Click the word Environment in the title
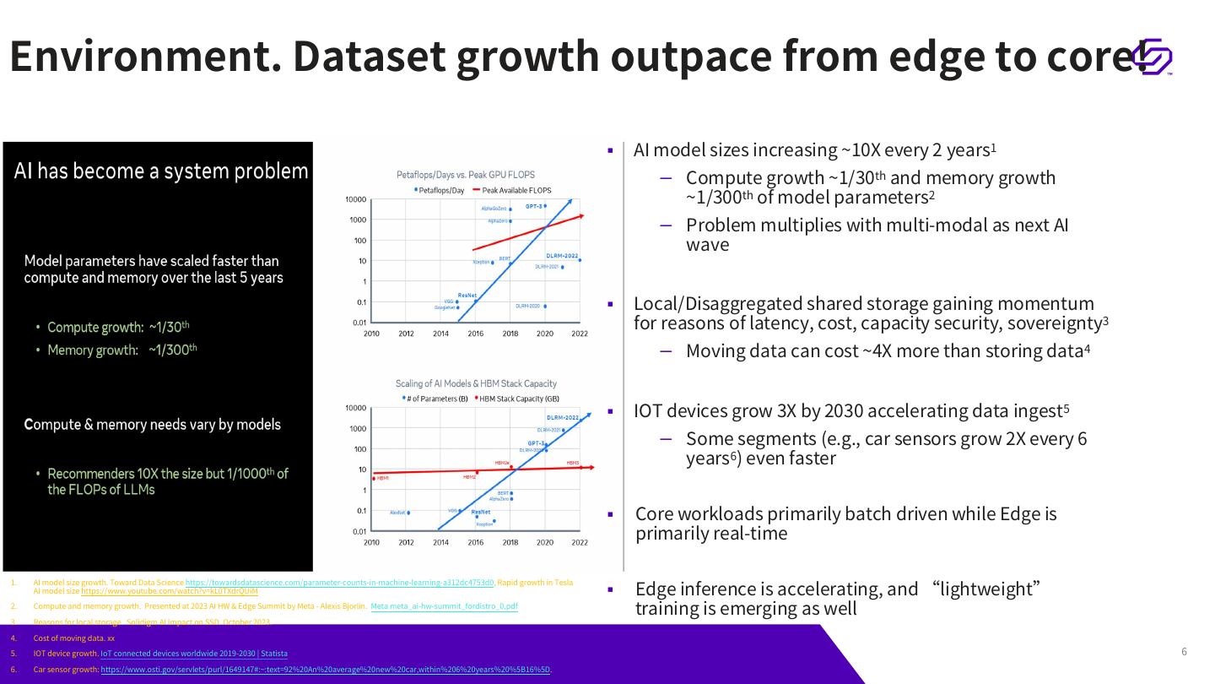[143, 56]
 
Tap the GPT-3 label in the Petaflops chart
[534, 206]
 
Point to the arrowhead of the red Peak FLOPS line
[580, 216]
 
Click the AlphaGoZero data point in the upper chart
[510, 209]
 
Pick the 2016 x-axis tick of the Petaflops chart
[476, 334]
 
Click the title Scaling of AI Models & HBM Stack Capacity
[476, 383]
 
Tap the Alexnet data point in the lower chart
[408, 513]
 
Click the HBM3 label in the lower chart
[573, 463]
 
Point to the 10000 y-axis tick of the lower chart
[356, 409]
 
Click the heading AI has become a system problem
[161, 171]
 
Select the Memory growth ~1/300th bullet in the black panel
[118, 350]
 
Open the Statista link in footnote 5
[194, 654]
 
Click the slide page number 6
[1184, 651]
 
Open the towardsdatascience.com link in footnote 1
[339, 583]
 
